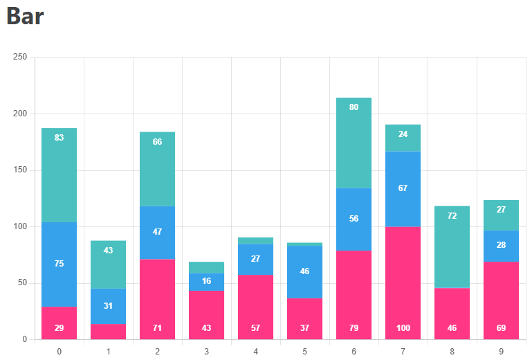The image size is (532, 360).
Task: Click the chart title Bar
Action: point(25,17)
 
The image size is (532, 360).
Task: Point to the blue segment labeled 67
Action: point(403,188)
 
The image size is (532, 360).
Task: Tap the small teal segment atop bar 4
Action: point(255,241)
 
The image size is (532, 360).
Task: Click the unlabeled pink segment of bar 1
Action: point(108,332)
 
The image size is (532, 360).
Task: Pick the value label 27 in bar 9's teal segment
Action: point(501,210)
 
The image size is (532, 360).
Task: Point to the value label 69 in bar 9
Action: point(501,328)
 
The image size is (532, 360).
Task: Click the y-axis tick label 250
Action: point(20,57)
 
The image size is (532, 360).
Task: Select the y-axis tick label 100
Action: point(20,226)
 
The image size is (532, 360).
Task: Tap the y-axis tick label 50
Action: point(22,283)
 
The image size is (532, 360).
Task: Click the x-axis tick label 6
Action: point(354,352)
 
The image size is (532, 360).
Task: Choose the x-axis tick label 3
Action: point(206,352)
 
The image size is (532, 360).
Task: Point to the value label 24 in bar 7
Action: point(403,134)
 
